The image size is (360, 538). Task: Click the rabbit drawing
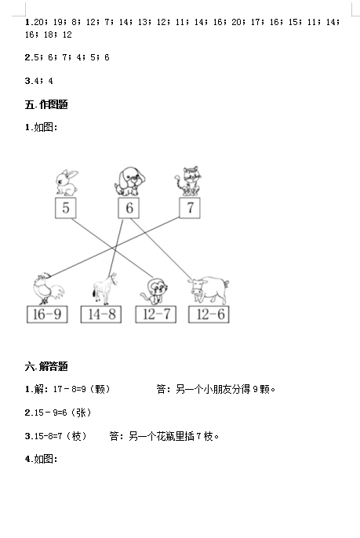tap(67, 183)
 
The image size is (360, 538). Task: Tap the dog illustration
tap(129, 181)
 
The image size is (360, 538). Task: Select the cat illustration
tap(188, 181)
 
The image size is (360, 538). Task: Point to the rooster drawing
tap(48, 289)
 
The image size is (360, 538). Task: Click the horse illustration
tap(104, 289)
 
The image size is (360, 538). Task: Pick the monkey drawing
tap(155, 291)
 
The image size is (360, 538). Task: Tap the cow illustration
tap(209, 290)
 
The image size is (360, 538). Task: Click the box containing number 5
tap(66, 208)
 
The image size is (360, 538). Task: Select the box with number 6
tap(129, 208)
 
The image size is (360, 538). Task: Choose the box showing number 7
tap(190, 208)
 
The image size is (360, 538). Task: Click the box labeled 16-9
tap(47, 314)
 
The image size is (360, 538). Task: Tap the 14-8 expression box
tap(101, 314)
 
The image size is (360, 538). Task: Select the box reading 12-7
tap(156, 314)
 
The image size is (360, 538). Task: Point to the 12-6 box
tap(209, 314)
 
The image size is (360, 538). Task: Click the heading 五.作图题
tap(46, 104)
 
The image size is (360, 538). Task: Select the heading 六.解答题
tap(46, 366)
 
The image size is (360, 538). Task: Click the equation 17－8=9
tap(69, 389)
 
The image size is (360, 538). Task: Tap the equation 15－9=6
tap(50, 413)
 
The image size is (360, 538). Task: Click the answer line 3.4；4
tap(38, 81)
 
